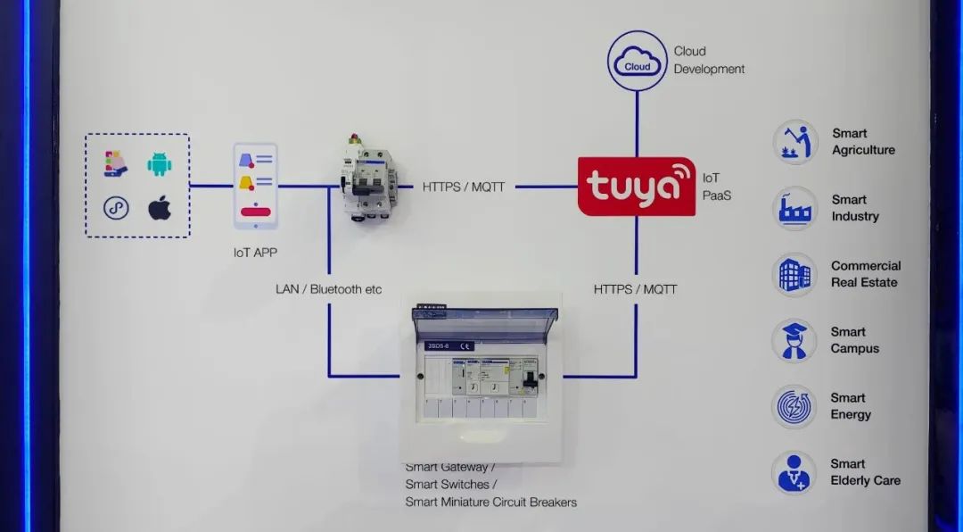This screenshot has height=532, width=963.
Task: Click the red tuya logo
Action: click(x=636, y=187)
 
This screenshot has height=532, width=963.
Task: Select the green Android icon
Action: click(x=160, y=164)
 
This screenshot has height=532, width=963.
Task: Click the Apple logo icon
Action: click(x=160, y=208)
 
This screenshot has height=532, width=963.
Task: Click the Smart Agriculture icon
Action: click(x=794, y=142)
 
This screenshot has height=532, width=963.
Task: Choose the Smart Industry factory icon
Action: click(x=794, y=208)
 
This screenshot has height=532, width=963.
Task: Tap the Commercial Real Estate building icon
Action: click(x=794, y=274)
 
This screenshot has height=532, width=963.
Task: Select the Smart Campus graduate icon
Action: click(x=794, y=340)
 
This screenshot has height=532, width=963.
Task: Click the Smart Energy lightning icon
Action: click(x=794, y=406)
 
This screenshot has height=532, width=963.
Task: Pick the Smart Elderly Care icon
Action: click(x=794, y=472)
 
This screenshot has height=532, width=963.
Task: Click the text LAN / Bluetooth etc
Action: click(x=328, y=289)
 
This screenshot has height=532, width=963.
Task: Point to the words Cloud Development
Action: click(x=709, y=60)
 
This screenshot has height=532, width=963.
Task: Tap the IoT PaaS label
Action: click(x=716, y=187)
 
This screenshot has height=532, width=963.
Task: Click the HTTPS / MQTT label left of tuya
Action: click(x=464, y=187)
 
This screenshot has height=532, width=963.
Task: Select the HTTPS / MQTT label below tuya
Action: click(x=635, y=289)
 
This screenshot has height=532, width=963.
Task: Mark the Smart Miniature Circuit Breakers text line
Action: click(x=490, y=502)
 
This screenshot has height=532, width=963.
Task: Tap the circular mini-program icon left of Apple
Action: click(x=116, y=208)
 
